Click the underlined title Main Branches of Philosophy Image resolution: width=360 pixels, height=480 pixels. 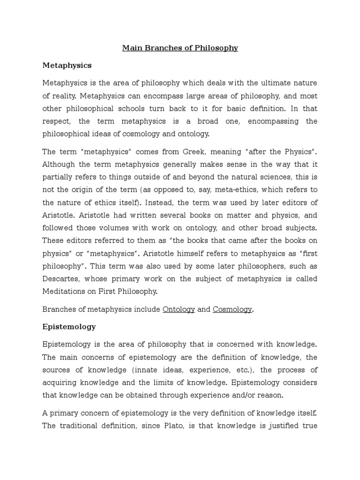180,48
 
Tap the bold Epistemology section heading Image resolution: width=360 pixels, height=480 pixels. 69,326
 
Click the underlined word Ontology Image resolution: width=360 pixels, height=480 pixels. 179,309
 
